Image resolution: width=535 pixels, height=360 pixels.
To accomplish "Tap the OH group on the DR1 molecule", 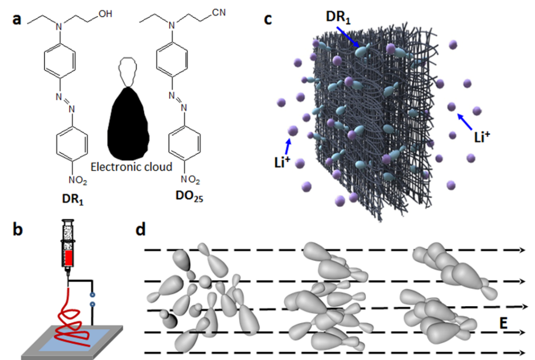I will click(105, 15).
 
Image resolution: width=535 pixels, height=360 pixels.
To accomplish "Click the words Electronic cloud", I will click(131, 167).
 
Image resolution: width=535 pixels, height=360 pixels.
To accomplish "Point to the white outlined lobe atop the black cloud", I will click(128, 72).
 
